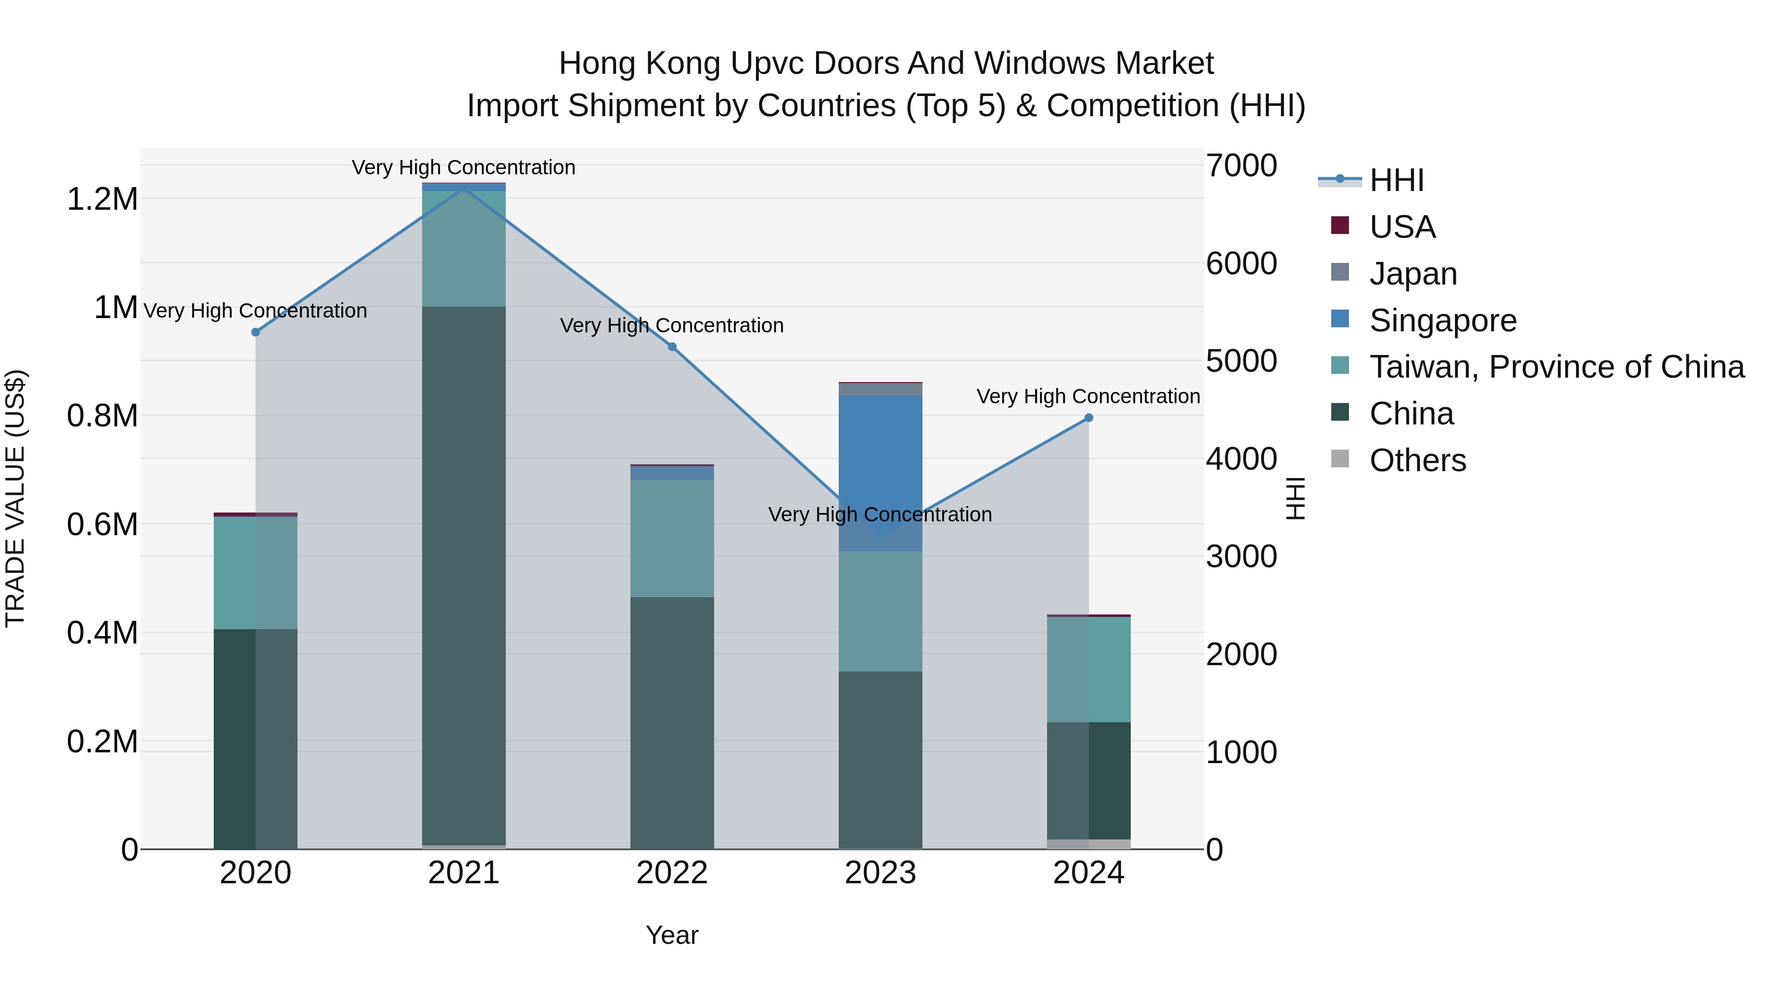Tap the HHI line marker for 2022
coord(672,347)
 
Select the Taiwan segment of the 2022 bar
coord(672,538)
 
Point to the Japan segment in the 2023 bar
coord(880,389)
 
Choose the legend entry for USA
coord(1402,227)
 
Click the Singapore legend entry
coord(1443,321)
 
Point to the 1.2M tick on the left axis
coord(102,199)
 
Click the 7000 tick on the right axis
coord(1242,166)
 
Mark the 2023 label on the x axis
coord(880,873)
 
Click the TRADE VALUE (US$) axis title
coord(15,498)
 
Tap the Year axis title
coord(672,935)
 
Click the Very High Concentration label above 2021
coord(463,167)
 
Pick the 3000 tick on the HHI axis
coord(1242,557)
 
